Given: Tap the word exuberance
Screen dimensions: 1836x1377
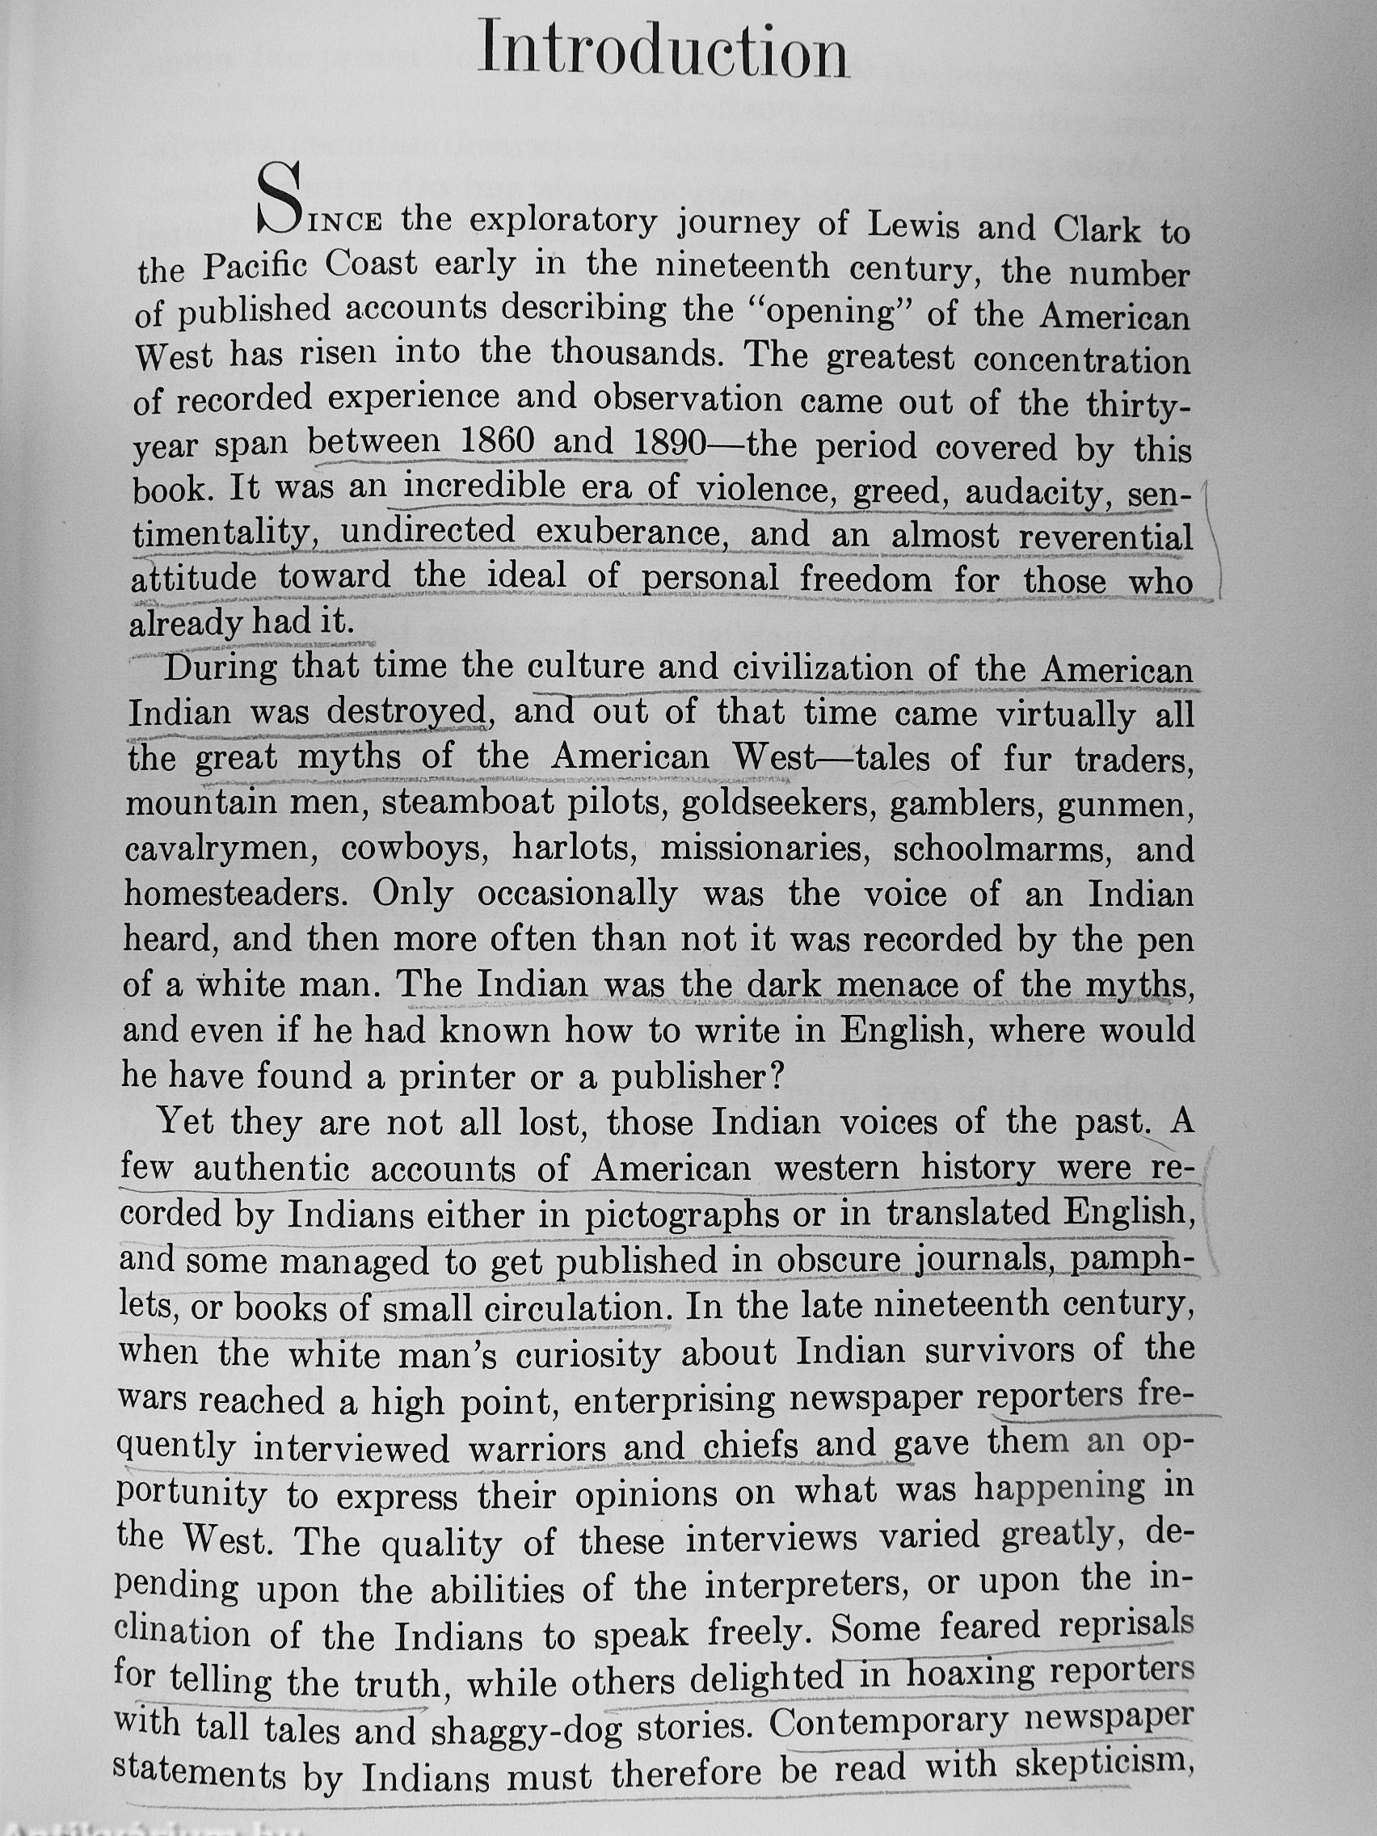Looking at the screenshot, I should point(630,532).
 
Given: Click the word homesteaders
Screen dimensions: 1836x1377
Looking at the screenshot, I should point(238,894).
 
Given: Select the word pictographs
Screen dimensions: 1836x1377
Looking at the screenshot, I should point(681,1215).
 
